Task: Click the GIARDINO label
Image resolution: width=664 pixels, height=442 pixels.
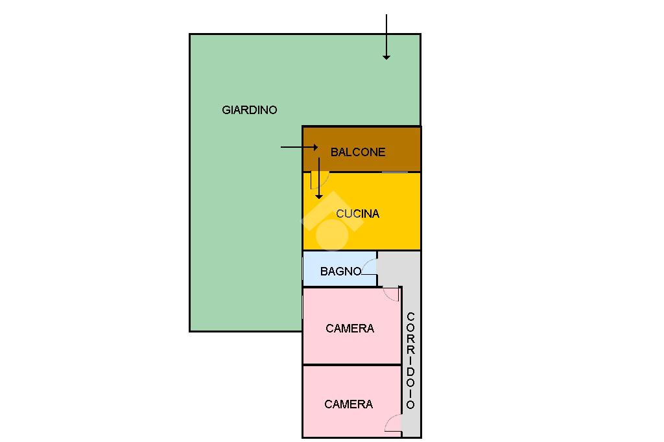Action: click(249, 110)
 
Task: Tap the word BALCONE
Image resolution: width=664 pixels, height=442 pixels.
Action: click(358, 152)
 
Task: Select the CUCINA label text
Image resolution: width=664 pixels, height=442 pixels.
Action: click(357, 213)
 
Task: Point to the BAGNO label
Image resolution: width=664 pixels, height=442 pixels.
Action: click(340, 272)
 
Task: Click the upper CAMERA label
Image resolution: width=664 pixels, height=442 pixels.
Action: click(350, 329)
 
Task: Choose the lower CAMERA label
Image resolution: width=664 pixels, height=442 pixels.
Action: click(348, 404)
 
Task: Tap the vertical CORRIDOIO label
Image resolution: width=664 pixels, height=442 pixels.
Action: click(410, 360)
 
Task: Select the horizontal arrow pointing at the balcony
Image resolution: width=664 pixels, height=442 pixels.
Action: click(299, 147)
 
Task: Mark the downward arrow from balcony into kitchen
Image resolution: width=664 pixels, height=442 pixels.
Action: click(318, 178)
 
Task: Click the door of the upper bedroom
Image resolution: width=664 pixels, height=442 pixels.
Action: click(392, 294)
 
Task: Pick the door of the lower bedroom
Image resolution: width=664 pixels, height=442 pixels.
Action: click(393, 425)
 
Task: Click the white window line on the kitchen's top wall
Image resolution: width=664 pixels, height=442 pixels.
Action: click(394, 172)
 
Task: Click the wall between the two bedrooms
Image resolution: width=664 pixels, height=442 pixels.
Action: click(351, 365)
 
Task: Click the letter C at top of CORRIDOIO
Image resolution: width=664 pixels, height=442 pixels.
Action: click(410, 317)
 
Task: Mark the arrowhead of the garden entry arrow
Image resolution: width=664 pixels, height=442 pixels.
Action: click(386, 56)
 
